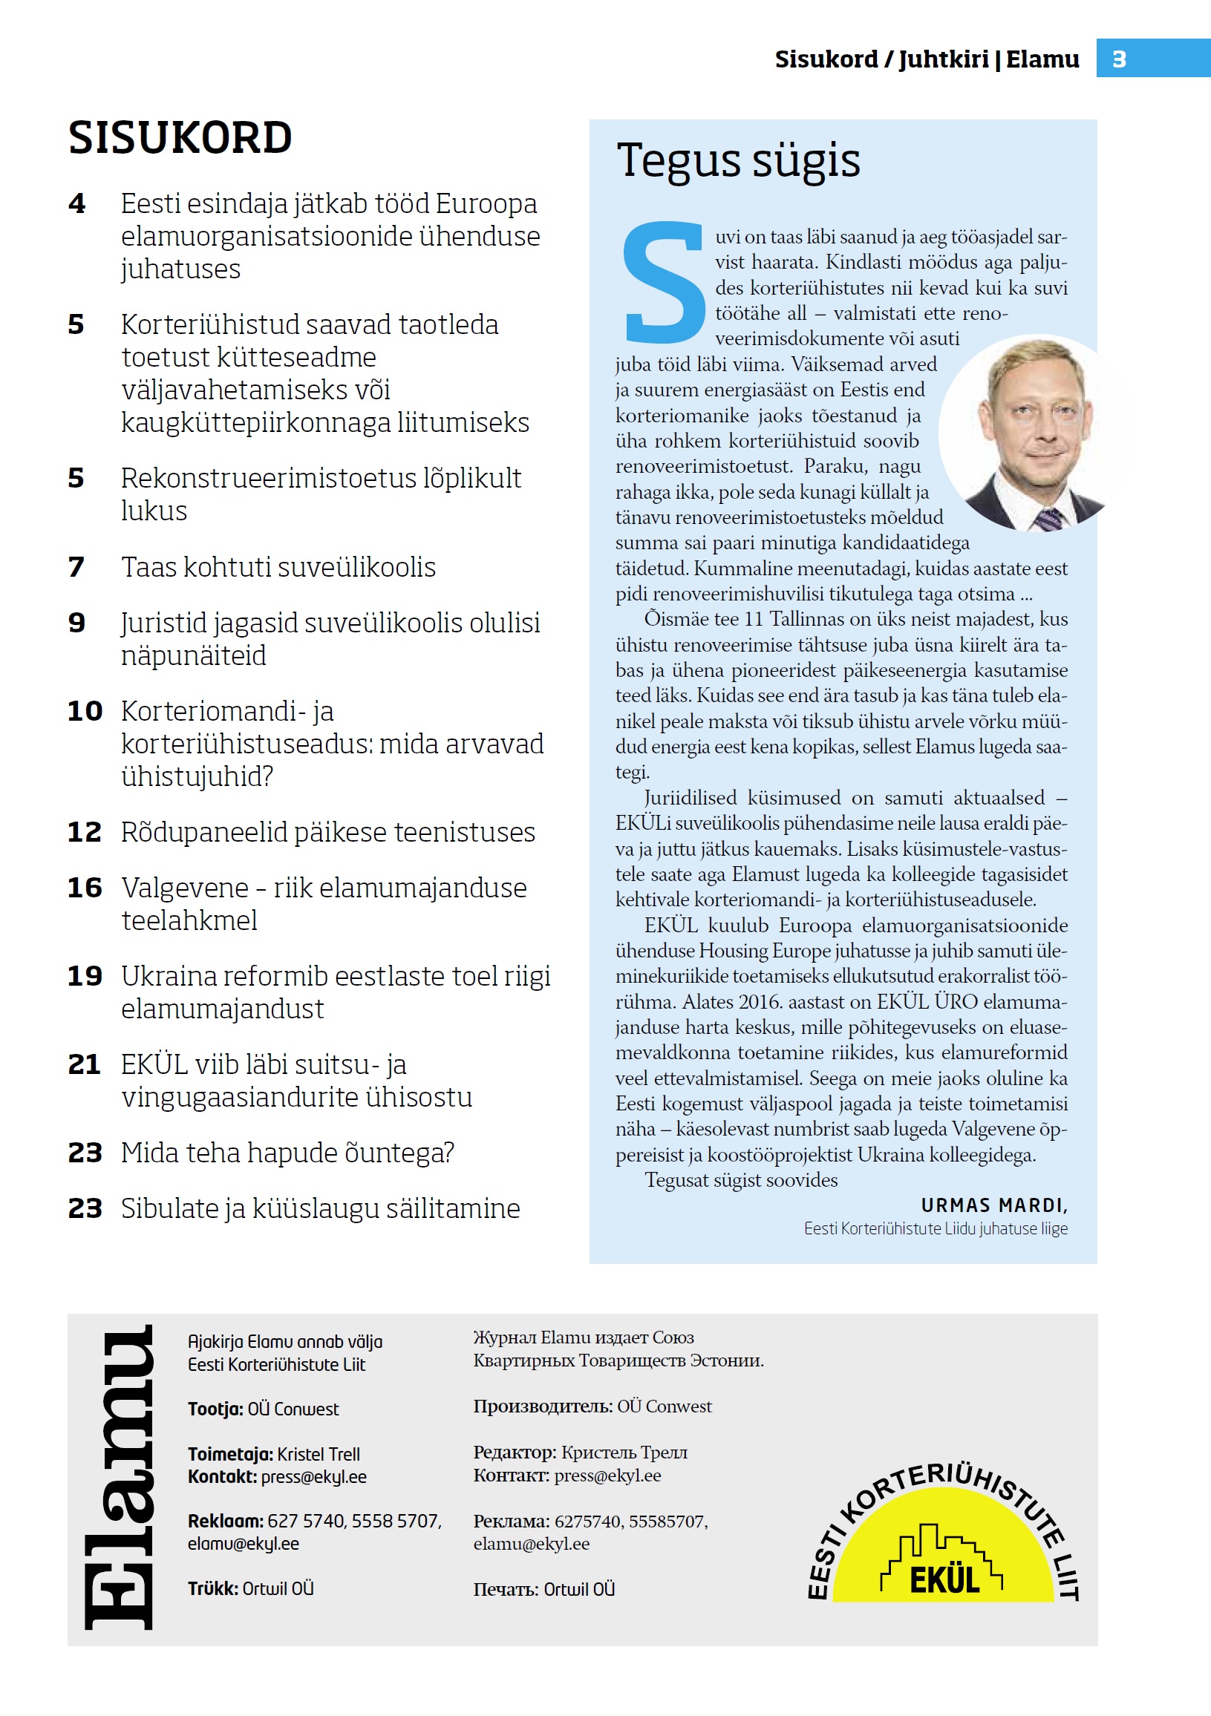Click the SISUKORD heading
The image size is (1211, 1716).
point(180,138)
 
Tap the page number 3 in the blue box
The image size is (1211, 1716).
point(1118,59)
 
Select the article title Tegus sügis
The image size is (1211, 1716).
point(738,160)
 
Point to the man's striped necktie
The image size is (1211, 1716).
point(1048,518)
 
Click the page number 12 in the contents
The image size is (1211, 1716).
point(84,832)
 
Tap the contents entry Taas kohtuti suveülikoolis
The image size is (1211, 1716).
point(278,567)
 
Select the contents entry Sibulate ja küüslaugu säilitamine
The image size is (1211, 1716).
point(320,1208)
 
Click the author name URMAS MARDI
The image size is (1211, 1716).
point(993,1205)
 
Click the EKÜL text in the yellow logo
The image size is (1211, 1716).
point(944,1580)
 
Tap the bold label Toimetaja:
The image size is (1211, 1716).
point(229,1455)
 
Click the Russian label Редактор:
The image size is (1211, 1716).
point(515,1453)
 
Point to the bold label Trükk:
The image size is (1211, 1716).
point(212,1588)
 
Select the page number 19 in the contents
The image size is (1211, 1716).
point(85,976)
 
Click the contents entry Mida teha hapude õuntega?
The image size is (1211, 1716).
point(287,1153)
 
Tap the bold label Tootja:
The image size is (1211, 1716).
point(215,1409)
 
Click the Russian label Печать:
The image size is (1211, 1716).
point(506,1589)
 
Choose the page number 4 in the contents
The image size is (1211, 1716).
point(77,203)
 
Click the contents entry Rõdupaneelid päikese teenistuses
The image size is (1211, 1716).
point(327,832)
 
